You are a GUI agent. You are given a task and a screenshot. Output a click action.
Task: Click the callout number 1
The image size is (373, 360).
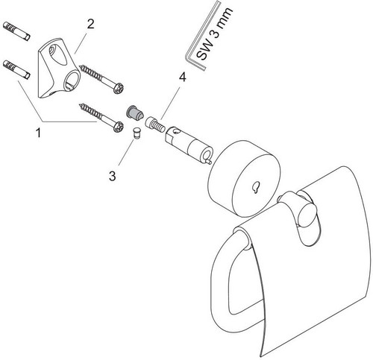[x=38, y=133]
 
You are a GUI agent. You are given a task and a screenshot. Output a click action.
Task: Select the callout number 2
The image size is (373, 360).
[x=90, y=25]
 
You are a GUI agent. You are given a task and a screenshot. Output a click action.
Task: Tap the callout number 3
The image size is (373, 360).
[x=113, y=176]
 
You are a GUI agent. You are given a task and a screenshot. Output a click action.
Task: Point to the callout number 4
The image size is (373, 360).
[x=182, y=78]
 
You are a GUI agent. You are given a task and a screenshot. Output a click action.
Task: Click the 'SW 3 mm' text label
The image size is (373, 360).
[x=214, y=34]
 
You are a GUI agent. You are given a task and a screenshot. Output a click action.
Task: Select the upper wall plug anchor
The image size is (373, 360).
[x=16, y=31]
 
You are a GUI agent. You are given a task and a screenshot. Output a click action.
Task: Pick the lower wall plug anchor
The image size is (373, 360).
[x=16, y=69]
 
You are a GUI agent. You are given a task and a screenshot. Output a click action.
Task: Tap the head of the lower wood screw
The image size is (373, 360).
[x=118, y=127]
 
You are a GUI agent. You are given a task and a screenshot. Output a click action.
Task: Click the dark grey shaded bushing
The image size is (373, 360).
[x=134, y=113]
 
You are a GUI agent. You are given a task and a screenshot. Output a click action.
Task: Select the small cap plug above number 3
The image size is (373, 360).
[x=137, y=133]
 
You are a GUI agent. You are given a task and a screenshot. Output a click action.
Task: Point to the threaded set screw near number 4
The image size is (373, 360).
[x=155, y=124]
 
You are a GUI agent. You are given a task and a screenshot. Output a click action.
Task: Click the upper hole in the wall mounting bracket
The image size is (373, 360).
[x=54, y=51]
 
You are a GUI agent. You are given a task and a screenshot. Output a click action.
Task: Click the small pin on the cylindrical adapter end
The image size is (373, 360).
[x=209, y=162]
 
